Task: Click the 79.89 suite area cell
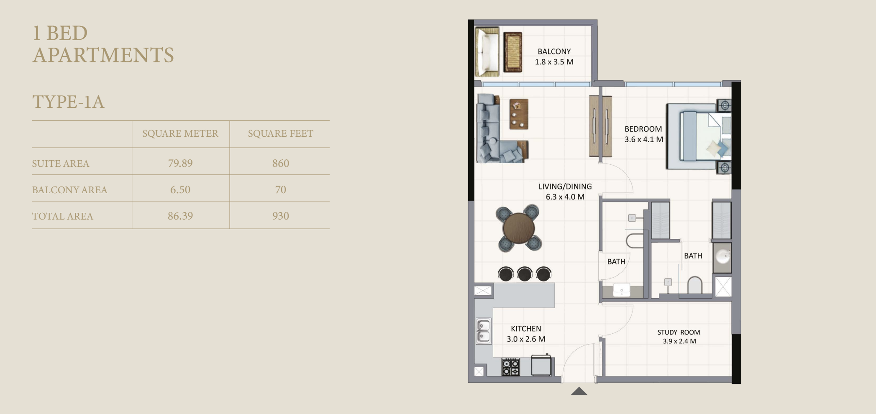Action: [x=180, y=163]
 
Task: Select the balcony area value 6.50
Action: [x=180, y=189]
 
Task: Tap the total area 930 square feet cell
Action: [x=280, y=216]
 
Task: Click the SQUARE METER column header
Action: [x=180, y=133]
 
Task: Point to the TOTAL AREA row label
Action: [x=63, y=216]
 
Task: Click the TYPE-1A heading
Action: [x=68, y=102]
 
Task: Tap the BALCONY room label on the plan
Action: [x=554, y=51]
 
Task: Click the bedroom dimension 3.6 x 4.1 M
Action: [x=644, y=139]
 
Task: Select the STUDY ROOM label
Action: [x=679, y=332]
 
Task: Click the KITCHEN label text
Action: [x=526, y=329]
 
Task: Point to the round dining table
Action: [x=519, y=228]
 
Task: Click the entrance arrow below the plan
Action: [x=579, y=391]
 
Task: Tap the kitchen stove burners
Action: [x=510, y=367]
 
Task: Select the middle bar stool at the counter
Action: [x=525, y=273]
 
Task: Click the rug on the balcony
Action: [x=512, y=52]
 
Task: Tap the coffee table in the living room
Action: [x=519, y=114]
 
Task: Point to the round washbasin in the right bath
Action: [x=722, y=256]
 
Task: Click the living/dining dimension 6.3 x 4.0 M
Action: [x=565, y=197]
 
